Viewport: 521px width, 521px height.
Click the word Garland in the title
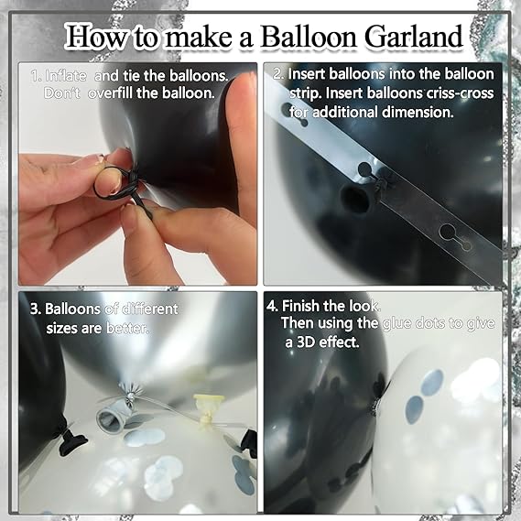[x=413, y=38]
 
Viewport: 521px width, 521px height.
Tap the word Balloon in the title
[x=309, y=38]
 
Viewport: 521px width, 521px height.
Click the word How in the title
[x=94, y=38]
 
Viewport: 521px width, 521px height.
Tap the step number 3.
[x=36, y=309]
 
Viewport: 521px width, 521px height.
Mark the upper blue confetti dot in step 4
[x=431, y=383]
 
